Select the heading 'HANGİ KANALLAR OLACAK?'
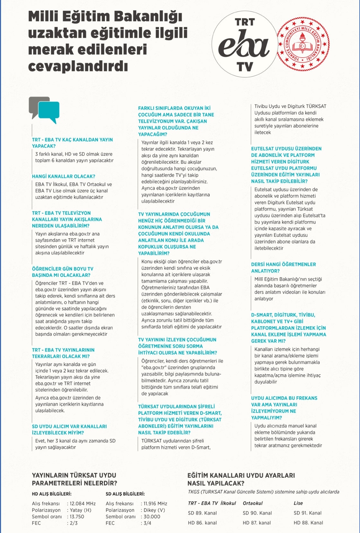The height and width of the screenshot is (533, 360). [x=64, y=176]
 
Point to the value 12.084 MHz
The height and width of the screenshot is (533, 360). [x=83, y=504]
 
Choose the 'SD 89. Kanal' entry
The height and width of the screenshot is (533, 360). [x=202, y=513]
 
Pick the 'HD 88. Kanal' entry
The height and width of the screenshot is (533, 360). [x=308, y=523]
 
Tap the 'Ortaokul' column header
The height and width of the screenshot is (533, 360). [x=253, y=503]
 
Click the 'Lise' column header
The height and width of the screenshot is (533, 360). [x=298, y=503]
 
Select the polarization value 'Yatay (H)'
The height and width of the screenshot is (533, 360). [x=80, y=510]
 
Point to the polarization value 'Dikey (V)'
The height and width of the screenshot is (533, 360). [x=154, y=510]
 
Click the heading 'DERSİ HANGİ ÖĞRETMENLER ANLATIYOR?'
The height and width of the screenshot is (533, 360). [x=283, y=268]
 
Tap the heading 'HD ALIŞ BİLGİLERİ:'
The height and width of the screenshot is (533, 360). [x=52, y=494]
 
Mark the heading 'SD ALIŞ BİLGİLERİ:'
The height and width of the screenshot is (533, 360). [x=125, y=494]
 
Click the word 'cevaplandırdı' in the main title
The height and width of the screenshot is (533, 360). [x=78, y=66]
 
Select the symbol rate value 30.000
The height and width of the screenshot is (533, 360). [x=152, y=517]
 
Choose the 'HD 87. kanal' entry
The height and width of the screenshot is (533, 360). [x=257, y=523]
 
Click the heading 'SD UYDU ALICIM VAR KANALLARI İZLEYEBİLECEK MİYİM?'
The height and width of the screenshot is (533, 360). [x=69, y=430]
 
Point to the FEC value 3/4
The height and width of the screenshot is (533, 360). [x=147, y=523]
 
